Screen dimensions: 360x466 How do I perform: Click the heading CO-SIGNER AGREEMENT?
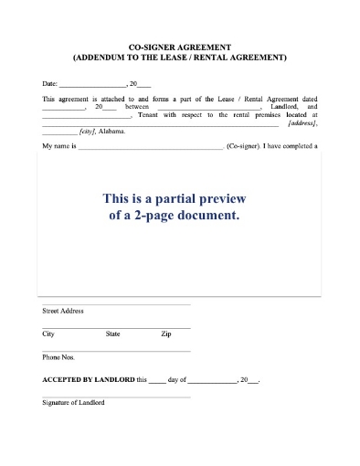180,46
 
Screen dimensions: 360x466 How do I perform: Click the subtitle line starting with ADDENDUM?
180,57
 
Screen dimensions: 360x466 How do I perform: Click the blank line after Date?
92,84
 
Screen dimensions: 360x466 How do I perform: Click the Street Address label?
63,311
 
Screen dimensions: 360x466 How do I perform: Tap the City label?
48,334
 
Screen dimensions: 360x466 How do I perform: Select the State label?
113,334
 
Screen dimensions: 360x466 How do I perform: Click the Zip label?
165,334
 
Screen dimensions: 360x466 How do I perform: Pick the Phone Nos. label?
58,356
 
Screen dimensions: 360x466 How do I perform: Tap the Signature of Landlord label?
73,402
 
